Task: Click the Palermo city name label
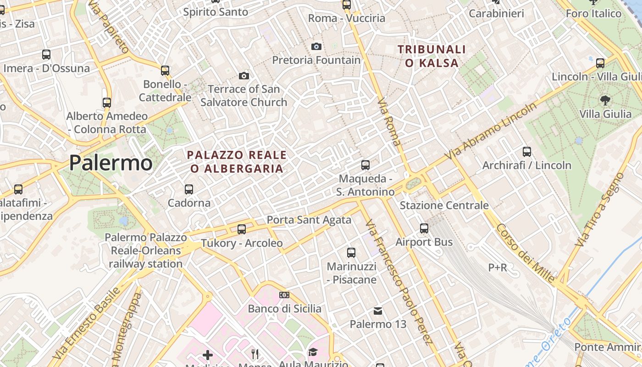click(111, 163)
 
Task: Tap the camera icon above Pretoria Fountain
click(316, 46)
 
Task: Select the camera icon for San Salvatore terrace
click(244, 76)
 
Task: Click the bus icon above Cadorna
click(188, 189)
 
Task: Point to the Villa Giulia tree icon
click(605, 100)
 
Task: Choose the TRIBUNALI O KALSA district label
click(432, 56)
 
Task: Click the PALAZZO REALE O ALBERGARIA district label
click(237, 161)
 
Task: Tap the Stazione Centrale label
click(444, 205)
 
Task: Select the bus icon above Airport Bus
click(424, 228)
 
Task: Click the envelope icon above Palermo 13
click(378, 311)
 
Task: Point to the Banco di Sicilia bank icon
click(284, 295)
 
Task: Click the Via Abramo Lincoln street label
click(493, 132)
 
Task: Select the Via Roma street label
click(389, 121)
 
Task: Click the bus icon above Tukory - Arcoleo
click(242, 229)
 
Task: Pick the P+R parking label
click(497, 267)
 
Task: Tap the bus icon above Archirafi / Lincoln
click(527, 151)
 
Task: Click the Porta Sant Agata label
click(309, 220)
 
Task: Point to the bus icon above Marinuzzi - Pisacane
click(351, 252)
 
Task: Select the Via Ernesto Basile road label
click(87, 323)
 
